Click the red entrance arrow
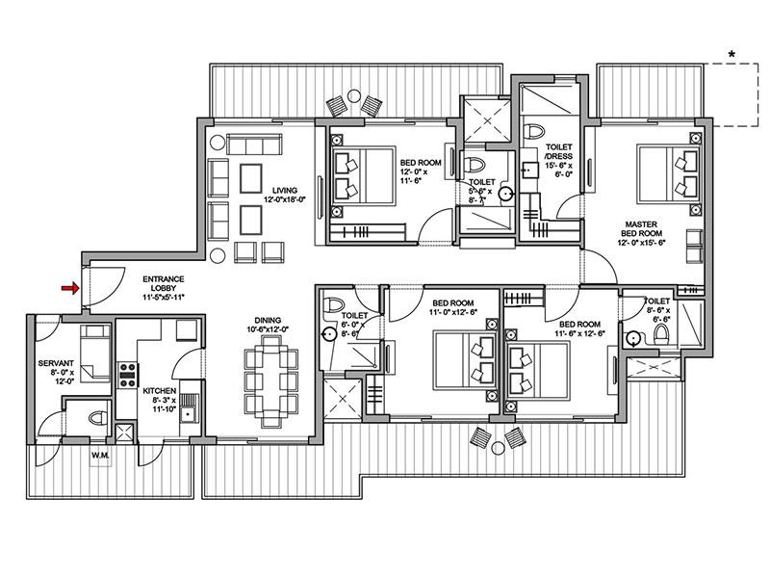(69, 287)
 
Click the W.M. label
(100, 455)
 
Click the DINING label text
(268, 321)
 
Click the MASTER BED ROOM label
(640, 227)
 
